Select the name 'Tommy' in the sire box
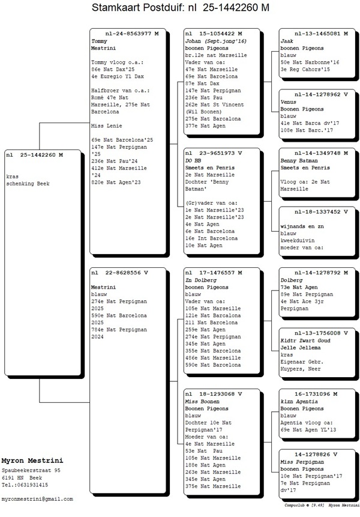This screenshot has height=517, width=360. point(99,41)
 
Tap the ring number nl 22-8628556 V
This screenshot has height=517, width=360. point(120,273)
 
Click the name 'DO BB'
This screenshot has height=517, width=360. point(193,160)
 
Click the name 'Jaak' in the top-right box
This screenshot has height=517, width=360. point(287,41)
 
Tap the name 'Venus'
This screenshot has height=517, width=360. point(289,101)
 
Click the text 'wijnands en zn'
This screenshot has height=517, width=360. point(301,226)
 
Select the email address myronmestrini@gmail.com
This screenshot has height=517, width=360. point(37,499)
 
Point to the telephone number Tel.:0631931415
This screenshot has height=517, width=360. point(25,485)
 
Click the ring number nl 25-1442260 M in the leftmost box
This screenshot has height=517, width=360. point(35,155)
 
